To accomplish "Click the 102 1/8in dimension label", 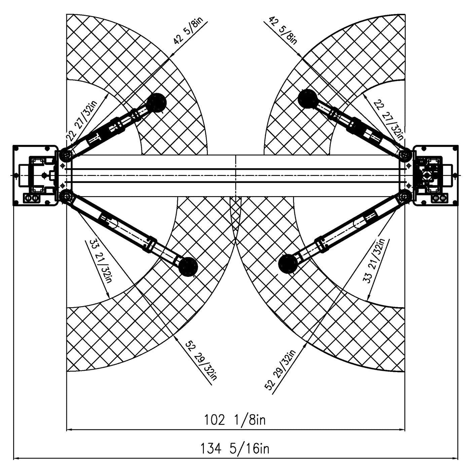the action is pos(234,420).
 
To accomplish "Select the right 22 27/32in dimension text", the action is pos(388,120).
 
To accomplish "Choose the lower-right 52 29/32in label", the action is pos(280,369).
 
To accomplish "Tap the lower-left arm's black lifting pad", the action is pos(188,267).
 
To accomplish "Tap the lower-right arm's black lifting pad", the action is pos(288,264).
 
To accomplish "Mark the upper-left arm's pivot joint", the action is pos(66,155).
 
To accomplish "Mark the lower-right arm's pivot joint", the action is pos(405,196).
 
